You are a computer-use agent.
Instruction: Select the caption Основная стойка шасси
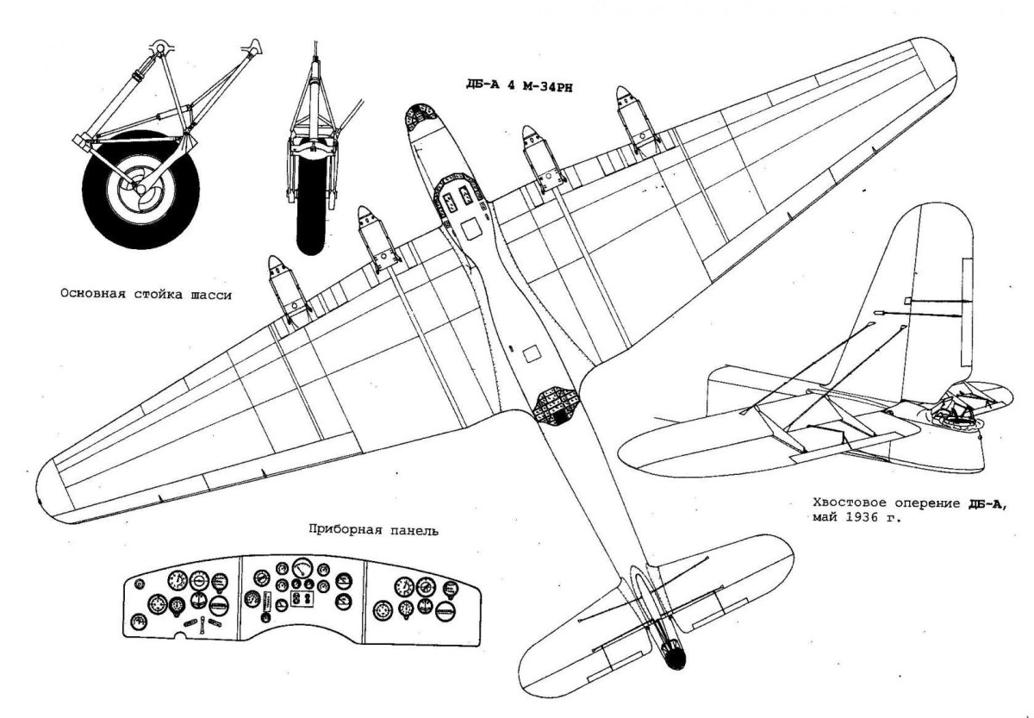pyautogui.click(x=146, y=293)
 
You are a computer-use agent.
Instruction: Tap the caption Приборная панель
pyautogui.click(x=372, y=531)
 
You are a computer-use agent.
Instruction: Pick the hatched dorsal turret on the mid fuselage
pyautogui.click(x=556, y=403)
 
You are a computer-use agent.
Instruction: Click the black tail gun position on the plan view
pyautogui.click(x=676, y=657)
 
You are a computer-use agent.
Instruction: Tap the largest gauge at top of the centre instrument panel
pyautogui.click(x=302, y=569)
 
